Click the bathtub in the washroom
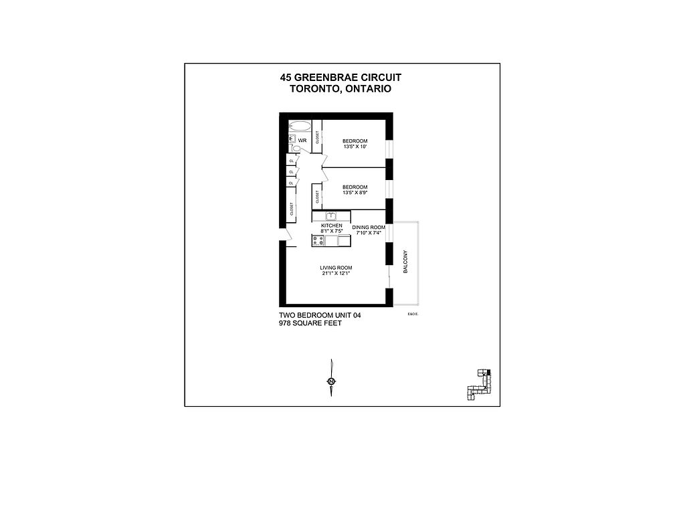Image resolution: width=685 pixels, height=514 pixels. click(300, 126)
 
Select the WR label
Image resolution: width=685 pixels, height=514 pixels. click(302, 141)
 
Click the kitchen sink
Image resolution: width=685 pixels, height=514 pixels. click(330, 216)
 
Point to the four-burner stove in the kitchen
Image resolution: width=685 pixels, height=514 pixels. click(318, 240)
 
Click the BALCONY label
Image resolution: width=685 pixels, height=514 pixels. click(406, 262)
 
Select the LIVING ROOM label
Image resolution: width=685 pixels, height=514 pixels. click(336, 268)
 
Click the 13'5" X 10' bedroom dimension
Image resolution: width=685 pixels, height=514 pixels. click(355, 147)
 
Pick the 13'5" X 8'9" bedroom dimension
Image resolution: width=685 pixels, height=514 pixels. click(355, 193)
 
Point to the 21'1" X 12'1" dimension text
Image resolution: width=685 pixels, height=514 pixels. click(336, 274)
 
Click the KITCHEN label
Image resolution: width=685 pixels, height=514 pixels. click(332, 226)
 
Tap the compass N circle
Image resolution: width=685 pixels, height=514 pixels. click(331, 381)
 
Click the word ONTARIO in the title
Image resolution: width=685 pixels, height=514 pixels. click(366, 89)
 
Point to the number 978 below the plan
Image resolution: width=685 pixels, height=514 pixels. click(288, 323)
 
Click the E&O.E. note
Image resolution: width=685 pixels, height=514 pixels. click(412, 315)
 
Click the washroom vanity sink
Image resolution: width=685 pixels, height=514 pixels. click(292, 139)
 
